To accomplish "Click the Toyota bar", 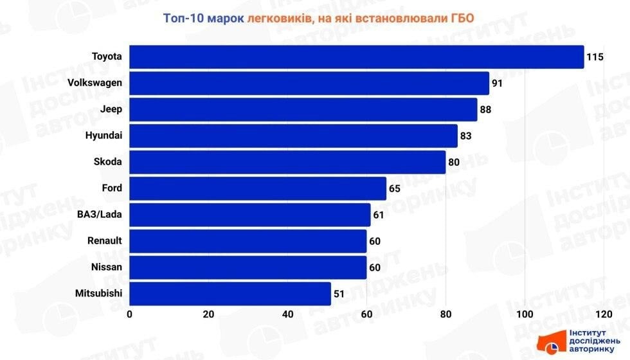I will coord(357,57).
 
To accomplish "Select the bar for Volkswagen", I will coord(309,84).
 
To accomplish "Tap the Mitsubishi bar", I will coord(230,294).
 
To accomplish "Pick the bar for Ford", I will coord(258,189).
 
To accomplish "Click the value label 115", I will coord(595,57).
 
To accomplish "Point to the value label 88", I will coord(485,110).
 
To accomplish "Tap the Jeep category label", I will coord(111,109).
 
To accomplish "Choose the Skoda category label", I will coord(108,162).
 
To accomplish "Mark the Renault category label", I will coord(104,241).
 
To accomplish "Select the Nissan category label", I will coord(107,267).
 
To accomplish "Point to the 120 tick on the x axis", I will coord(603,314).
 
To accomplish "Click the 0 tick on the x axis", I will coord(130,314).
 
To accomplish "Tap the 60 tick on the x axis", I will coord(366,314).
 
